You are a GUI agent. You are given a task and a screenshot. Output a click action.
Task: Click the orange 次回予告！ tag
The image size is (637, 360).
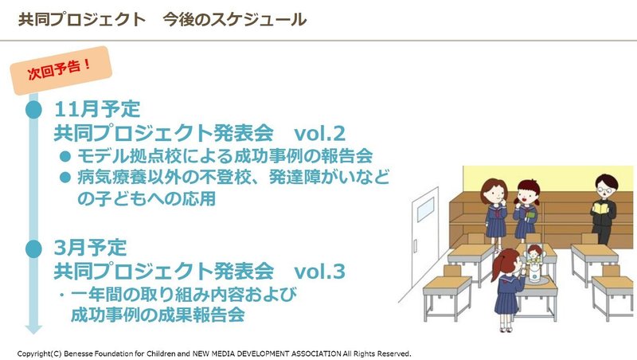pyautogui.click(x=61, y=71)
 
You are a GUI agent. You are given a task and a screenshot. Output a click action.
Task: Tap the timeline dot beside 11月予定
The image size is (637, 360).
pyautogui.click(x=33, y=110)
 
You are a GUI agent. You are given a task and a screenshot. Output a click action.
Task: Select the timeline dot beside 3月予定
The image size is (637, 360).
pyautogui.click(x=33, y=248)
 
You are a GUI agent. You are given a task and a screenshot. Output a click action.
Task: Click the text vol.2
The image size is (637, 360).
pyautogui.click(x=319, y=133)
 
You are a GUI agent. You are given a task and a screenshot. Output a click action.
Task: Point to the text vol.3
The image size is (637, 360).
pyautogui.click(x=319, y=271)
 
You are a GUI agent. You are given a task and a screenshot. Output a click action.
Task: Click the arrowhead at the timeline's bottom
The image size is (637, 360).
pyautogui.click(x=33, y=329)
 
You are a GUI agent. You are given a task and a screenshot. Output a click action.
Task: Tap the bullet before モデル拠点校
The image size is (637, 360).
pyautogui.click(x=65, y=156)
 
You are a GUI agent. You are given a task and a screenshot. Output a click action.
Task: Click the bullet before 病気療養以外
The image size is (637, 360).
pyautogui.click(x=65, y=177)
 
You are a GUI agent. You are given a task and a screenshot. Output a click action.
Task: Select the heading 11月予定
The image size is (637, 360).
pyautogui.click(x=97, y=109)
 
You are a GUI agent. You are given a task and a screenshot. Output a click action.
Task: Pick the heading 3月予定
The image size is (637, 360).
pyautogui.click(x=90, y=248)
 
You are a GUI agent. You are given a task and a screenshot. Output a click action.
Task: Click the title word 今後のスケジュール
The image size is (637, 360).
pyautogui.click(x=234, y=19)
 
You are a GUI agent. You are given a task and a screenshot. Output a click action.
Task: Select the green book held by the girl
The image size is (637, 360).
pyautogui.click(x=530, y=214)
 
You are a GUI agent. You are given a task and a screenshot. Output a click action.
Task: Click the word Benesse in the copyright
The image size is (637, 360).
pyautogui.click(x=78, y=354)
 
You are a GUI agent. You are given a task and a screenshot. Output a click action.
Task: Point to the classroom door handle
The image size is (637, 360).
pyautogui.click(x=415, y=246)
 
